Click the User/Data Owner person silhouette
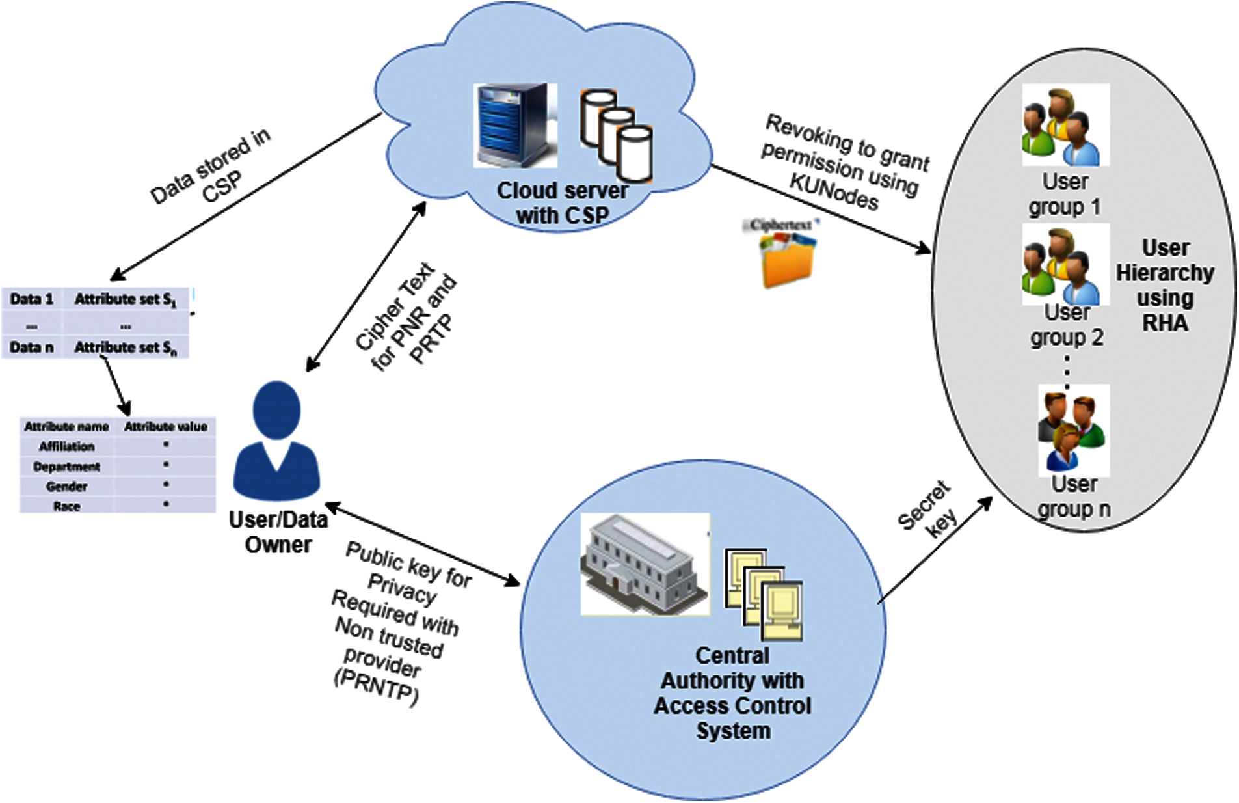(276, 442)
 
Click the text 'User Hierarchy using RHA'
(1164, 285)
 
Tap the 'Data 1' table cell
(31, 299)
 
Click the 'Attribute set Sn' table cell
(124, 347)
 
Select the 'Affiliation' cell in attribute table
(66, 446)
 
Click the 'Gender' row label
(66, 486)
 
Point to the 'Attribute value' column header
(165, 427)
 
